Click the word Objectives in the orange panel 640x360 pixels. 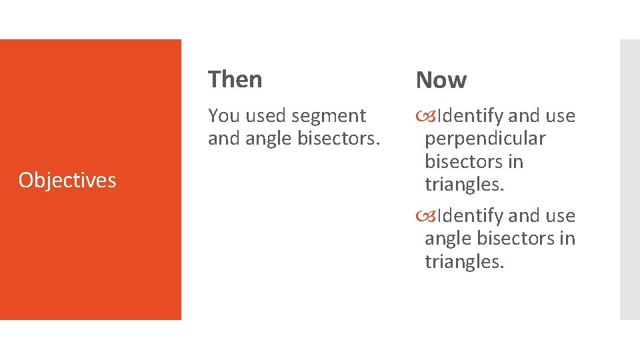coord(67,180)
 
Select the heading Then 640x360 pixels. coord(235,79)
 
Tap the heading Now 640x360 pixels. coord(441,81)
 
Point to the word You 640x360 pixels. coord(223,116)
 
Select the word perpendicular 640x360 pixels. coord(485,139)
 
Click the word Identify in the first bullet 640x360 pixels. coord(470,116)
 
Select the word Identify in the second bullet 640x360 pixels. coord(470,216)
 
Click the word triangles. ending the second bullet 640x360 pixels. coord(465,261)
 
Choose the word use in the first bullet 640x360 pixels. coord(560,116)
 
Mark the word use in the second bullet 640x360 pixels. coord(560,216)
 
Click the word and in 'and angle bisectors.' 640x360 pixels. coord(223,139)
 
